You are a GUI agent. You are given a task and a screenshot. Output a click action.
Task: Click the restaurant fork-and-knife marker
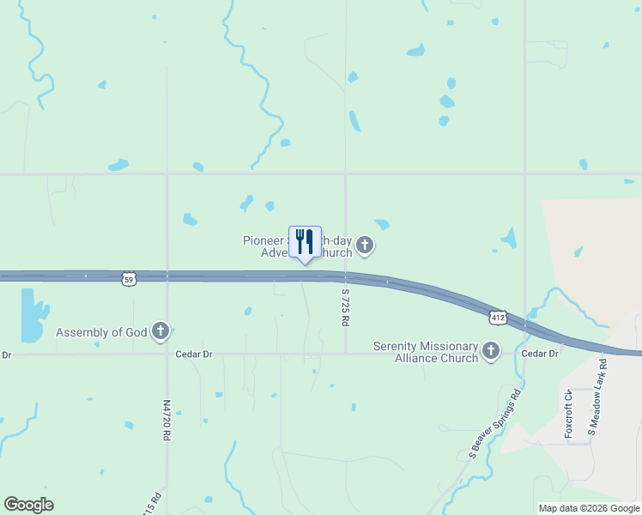[305, 241]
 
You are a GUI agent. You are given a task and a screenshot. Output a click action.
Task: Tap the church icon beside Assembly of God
[160, 331]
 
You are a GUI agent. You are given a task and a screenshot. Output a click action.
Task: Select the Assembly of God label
[101, 332]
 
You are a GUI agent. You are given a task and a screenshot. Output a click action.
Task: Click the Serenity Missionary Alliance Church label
[425, 352]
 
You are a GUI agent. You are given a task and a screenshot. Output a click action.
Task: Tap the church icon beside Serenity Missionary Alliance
[491, 350]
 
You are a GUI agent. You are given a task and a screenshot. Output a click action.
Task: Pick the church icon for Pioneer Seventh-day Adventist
[365, 246]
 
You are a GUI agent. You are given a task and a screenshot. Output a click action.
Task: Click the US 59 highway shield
[128, 278]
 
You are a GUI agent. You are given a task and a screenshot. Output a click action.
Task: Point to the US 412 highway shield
[499, 317]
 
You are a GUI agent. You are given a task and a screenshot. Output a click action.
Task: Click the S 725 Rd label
[345, 307]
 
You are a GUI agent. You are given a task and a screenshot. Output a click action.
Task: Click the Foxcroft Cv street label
[568, 414]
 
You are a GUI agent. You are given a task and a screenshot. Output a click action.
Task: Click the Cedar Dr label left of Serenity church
[193, 354]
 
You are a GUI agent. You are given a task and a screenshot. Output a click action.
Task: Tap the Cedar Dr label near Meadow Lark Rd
[541, 354]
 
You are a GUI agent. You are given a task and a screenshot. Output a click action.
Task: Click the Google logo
[28, 505]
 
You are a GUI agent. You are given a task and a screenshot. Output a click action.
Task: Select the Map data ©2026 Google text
[589, 508]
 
